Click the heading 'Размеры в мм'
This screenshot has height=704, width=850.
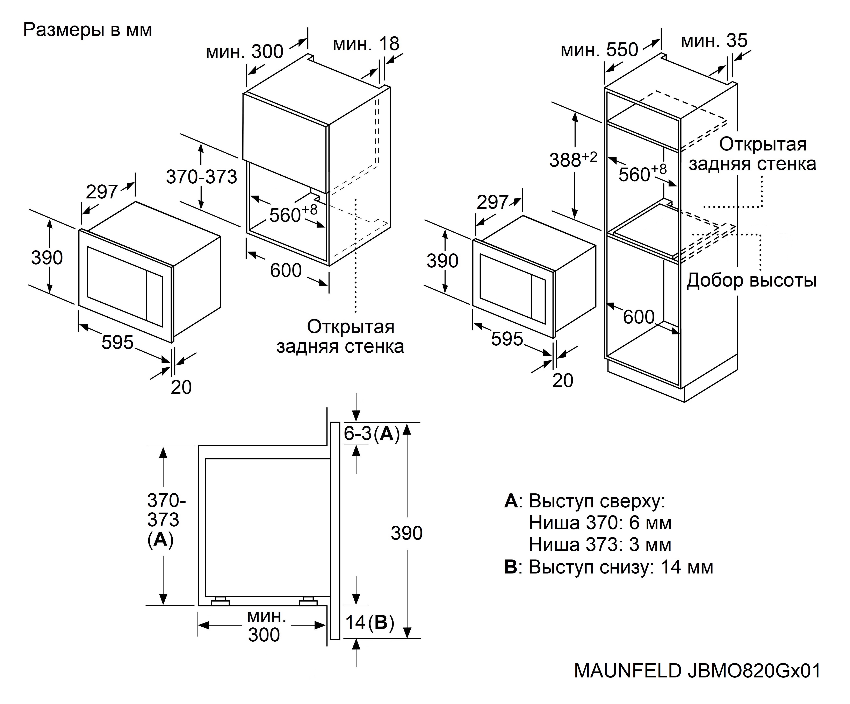[x=87, y=30]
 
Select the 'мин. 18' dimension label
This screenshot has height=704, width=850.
[x=366, y=44]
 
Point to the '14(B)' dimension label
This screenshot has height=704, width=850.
[x=369, y=622]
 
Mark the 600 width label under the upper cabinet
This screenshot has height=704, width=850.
[x=286, y=270]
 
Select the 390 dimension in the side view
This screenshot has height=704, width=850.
[x=406, y=533]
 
